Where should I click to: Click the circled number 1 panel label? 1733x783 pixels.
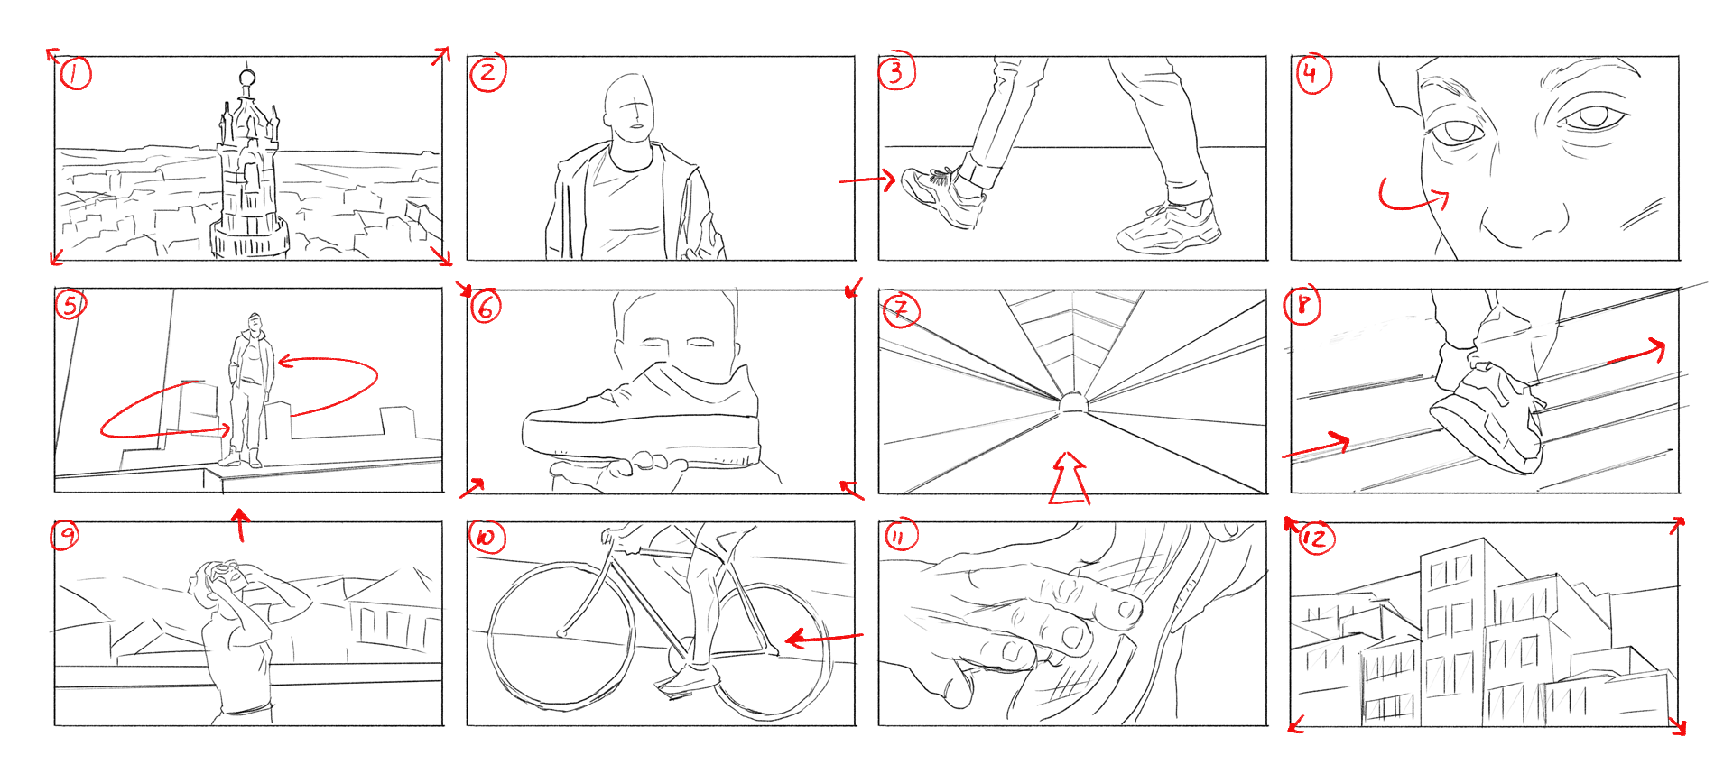point(75,73)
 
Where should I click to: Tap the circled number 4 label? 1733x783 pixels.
point(1312,72)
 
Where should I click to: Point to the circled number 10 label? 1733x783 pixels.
point(487,538)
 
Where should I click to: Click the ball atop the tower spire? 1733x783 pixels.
point(247,78)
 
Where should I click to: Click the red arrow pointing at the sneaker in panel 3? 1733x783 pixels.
point(867,180)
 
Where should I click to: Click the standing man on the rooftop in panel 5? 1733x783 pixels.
point(250,390)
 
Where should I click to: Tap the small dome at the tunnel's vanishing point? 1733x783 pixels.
point(1072,402)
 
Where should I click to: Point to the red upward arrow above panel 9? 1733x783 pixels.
point(239,525)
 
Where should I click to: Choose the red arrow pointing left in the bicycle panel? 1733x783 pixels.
point(824,639)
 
